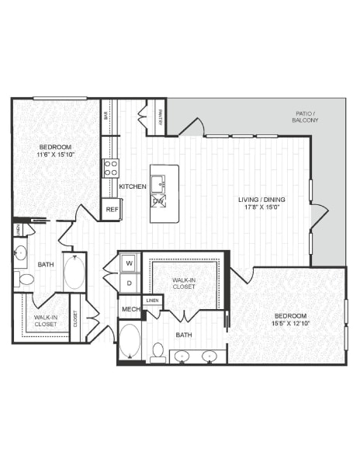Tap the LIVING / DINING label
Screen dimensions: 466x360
point(261,200)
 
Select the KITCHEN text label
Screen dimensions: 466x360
point(133,186)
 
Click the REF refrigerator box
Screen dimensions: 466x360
point(112,209)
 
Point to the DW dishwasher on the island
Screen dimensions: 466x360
point(158,202)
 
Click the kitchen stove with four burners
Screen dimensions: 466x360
point(111,168)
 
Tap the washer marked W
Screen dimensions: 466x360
point(129,262)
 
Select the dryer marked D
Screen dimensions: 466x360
point(129,284)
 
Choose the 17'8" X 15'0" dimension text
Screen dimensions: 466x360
point(261,208)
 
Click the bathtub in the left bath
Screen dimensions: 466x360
point(74,273)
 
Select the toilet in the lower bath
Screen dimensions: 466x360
point(158,353)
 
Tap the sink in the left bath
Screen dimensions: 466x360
point(21,252)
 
